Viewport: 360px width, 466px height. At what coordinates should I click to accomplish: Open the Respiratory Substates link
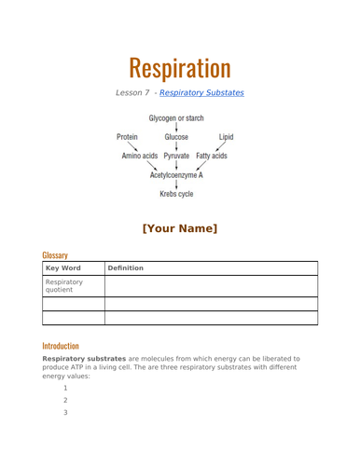pos(202,93)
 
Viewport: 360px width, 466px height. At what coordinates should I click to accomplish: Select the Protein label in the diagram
pos(128,137)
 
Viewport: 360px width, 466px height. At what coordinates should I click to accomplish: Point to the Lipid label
pos(226,137)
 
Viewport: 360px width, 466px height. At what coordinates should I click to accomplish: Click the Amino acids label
pos(139,156)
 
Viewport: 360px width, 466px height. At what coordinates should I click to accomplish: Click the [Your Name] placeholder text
pos(180,228)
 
